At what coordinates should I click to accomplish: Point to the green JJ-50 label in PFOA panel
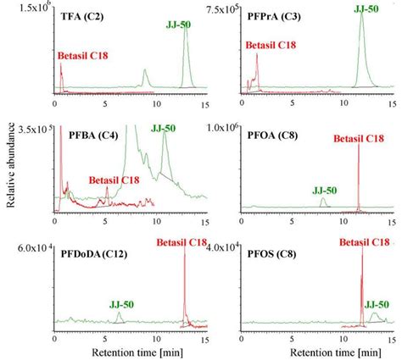[x=323, y=190]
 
